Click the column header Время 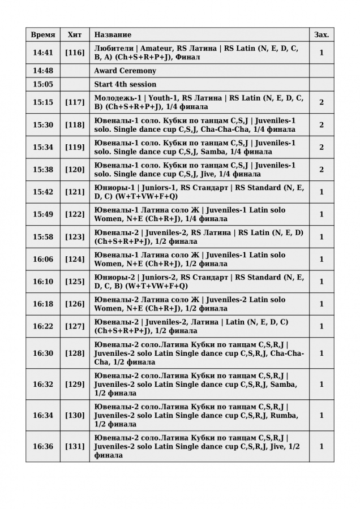(43, 35)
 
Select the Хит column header (75, 35)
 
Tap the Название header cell (113, 35)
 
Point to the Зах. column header (322, 35)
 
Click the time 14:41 (43, 53)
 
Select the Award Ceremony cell (125, 71)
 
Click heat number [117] (75, 102)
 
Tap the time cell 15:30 (43, 125)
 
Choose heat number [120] (75, 170)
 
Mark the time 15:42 (43, 192)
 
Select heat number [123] (75, 237)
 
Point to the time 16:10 (43, 282)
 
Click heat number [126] (75, 304)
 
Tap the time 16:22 (43, 326)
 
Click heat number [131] (75, 447)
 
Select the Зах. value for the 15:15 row (322, 102)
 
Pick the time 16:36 (43, 447)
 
